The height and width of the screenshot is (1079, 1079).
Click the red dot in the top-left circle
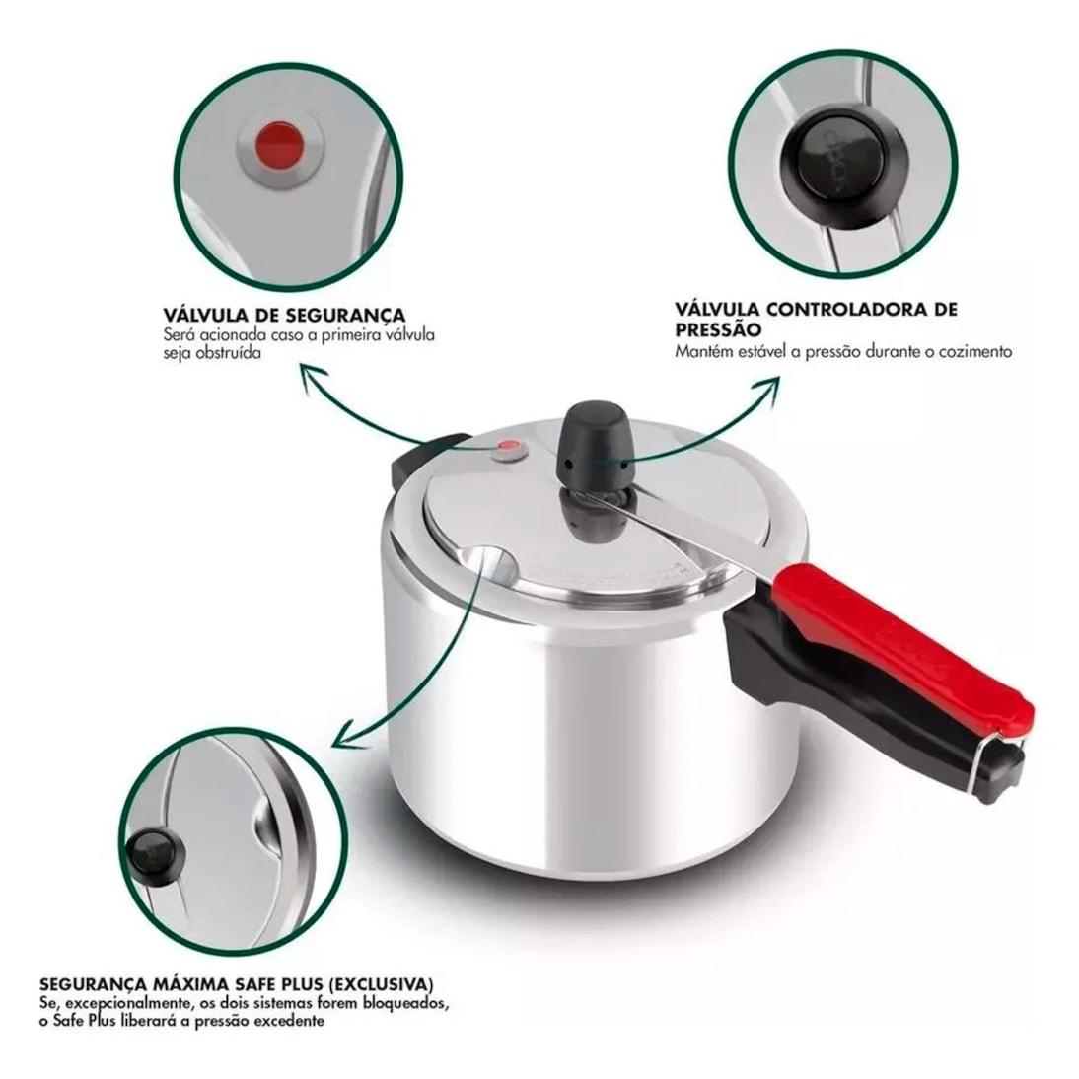pos(279,145)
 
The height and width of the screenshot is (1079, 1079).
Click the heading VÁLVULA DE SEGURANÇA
pos(284,316)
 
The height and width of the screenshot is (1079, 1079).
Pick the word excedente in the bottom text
pos(289,1021)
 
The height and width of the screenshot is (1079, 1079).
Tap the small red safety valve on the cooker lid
pos(509,448)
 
